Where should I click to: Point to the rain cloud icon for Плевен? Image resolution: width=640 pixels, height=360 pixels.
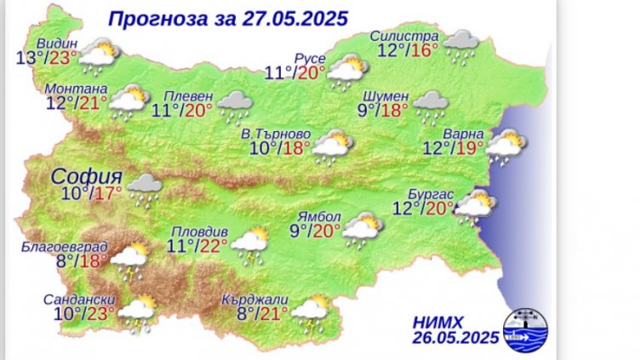pyautogui.click(x=233, y=107)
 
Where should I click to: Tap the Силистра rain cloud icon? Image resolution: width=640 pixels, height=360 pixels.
pyautogui.click(x=460, y=44)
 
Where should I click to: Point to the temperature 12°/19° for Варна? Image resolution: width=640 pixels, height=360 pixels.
pyautogui.click(x=454, y=149)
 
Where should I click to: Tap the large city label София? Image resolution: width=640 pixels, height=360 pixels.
pyautogui.click(x=86, y=177)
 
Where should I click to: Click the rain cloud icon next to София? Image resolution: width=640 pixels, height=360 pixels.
pyautogui.click(x=145, y=189)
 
